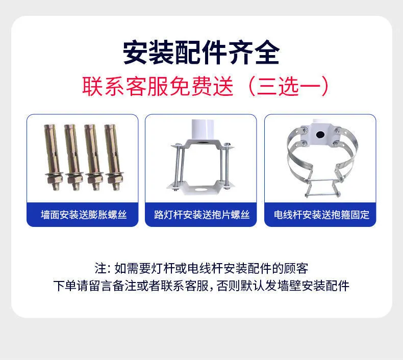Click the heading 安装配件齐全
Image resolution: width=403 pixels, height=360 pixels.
point(201,53)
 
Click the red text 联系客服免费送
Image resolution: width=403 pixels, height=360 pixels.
point(158,86)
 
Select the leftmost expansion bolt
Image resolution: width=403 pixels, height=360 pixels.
point(53,157)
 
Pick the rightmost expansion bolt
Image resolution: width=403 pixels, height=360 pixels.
point(114,157)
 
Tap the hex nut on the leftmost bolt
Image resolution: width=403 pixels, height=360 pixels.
point(54,178)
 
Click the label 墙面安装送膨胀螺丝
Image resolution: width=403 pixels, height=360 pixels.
point(84,215)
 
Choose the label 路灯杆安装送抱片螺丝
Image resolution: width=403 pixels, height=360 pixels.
point(202,215)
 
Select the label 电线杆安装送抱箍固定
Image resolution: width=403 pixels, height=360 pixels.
point(321,215)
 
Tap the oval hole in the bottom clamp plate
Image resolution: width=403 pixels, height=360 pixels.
point(199,189)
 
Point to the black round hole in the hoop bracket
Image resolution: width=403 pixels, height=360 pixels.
point(320,134)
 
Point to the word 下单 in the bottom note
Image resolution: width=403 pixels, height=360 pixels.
point(65,286)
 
